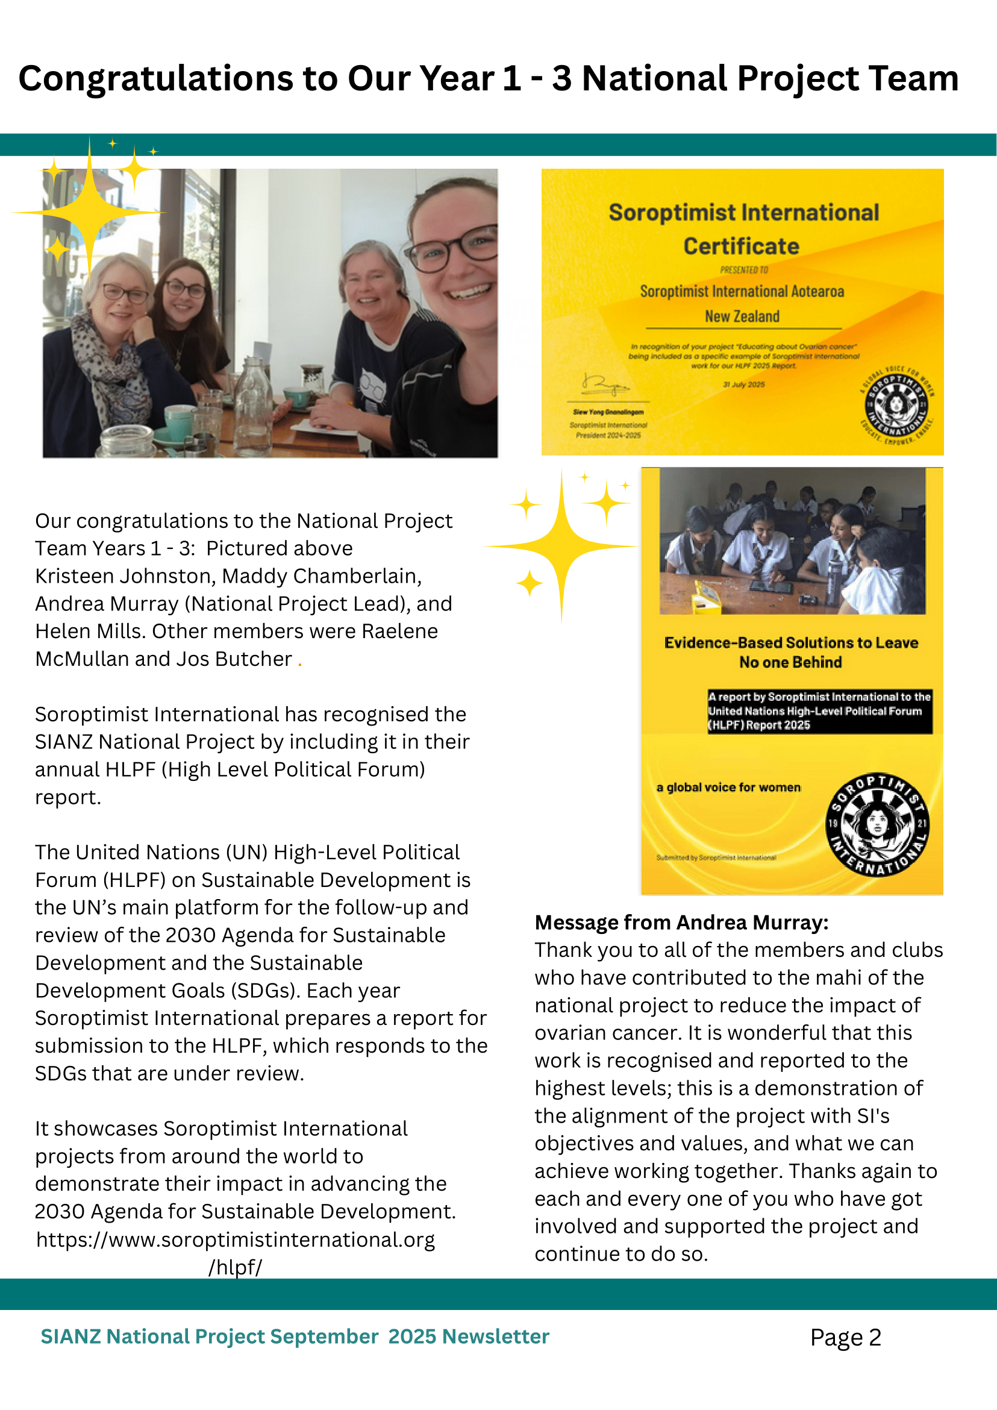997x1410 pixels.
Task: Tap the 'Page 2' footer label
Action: [845, 1337]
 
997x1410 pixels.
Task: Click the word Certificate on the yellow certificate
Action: [741, 246]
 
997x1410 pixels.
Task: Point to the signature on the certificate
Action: [604, 385]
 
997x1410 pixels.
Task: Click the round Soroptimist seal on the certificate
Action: [896, 406]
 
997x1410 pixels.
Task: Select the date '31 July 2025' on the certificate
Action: [743, 385]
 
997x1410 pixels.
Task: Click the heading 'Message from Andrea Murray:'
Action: [681, 923]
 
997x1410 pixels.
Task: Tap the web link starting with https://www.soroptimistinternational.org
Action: [235, 1240]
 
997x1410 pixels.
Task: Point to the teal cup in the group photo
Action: [178, 418]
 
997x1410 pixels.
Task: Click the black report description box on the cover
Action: [819, 711]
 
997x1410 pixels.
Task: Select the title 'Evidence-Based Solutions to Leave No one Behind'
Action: [791, 652]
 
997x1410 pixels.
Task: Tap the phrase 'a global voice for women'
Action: [728, 788]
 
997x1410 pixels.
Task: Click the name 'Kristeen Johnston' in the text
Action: [125, 576]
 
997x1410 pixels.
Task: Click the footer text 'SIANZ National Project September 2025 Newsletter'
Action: [295, 1336]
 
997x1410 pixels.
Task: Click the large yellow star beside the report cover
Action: [561, 545]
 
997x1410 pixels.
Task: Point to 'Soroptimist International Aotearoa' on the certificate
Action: [742, 291]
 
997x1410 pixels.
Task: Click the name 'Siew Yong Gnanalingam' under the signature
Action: [608, 412]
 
